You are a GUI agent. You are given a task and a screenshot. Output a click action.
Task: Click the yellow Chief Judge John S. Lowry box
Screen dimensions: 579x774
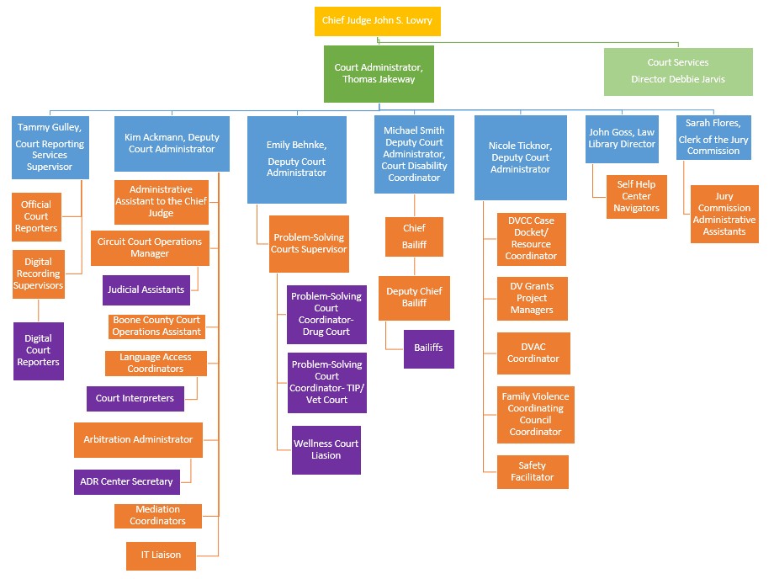[377, 21]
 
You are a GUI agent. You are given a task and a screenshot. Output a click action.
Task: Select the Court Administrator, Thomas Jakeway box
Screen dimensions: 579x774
[379, 74]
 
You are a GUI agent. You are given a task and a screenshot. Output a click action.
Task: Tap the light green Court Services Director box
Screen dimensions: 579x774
[677, 72]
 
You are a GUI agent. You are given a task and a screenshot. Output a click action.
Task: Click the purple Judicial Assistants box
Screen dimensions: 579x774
[146, 289]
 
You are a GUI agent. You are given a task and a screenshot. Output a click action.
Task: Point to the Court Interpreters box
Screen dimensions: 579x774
[135, 399]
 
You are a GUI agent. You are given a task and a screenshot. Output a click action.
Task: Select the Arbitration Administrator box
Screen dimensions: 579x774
[138, 439]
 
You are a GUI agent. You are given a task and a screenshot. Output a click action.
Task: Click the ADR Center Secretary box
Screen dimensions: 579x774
[126, 482]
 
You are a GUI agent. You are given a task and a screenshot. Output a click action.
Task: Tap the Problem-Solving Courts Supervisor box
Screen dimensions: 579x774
[310, 244]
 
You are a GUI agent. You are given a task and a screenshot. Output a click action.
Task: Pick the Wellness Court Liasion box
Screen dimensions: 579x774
[326, 450]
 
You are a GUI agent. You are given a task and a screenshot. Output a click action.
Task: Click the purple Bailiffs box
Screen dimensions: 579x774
[428, 348]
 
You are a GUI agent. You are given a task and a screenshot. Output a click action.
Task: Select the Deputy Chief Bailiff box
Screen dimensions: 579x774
[414, 298]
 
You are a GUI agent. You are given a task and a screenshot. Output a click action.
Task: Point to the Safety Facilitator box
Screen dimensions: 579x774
[532, 471]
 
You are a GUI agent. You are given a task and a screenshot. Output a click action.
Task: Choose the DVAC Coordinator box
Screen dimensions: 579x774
[533, 353]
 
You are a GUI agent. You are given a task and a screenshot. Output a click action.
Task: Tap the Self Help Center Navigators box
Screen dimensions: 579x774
[636, 196]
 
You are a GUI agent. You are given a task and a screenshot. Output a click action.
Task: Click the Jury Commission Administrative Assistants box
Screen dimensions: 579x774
[724, 214]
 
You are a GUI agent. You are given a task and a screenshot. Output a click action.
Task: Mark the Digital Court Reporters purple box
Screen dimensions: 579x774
[38, 351]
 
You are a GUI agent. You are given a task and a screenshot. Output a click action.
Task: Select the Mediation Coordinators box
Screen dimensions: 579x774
[157, 516]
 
